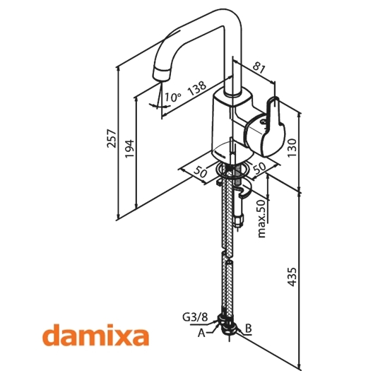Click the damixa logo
95,335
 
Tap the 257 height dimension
112,138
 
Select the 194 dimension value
129,148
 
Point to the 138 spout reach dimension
197,88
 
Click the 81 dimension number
259,68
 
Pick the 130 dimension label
292,148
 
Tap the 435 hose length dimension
292,277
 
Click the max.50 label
261,218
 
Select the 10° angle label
172,97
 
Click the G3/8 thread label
195,317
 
